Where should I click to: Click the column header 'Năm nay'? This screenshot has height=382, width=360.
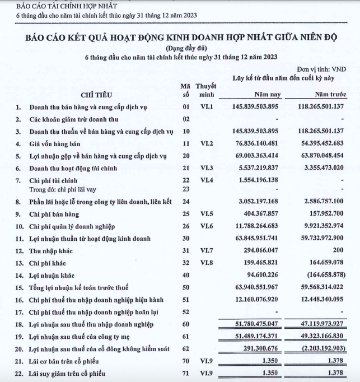tap(267, 94)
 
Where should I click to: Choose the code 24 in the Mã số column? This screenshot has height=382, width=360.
tap(186, 201)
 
